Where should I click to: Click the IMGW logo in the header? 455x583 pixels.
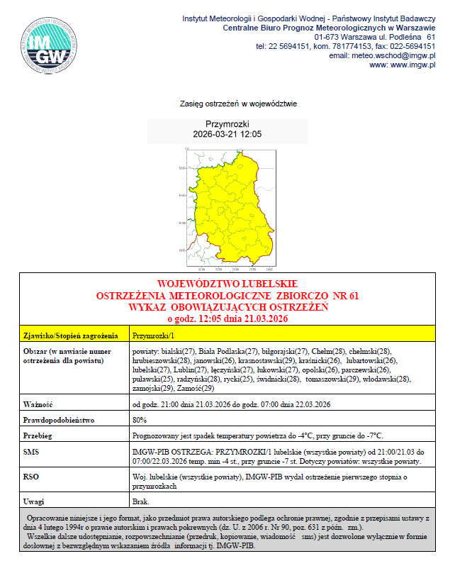click(47, 47)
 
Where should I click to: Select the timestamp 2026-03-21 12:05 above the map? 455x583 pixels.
click(227, 133)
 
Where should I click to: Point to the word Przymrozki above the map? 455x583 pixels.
click(227, 123)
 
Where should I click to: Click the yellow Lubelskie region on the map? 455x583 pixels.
click(237, 206)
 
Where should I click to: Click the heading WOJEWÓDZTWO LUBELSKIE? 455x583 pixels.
click(227, 284)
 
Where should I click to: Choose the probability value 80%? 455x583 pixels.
click(140, 420)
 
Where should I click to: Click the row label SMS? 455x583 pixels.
click(30, 451)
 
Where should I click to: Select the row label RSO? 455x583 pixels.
click(31, 477)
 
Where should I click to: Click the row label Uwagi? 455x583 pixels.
click(35, 501)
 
